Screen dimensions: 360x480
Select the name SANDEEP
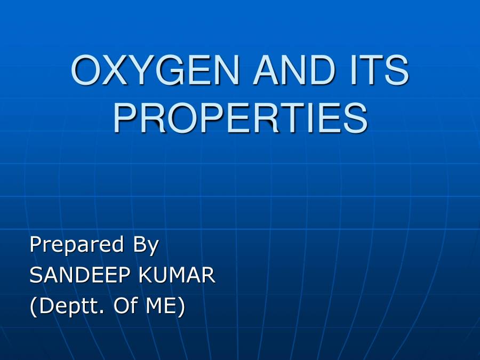point(80,276)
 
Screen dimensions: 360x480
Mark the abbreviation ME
point(163,307)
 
